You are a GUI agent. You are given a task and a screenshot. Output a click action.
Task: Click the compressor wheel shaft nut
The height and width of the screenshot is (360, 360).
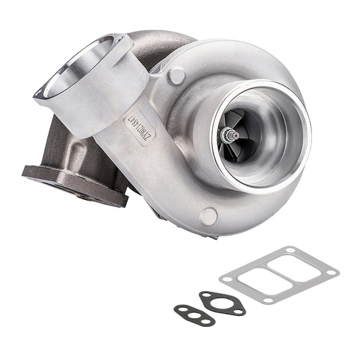pos(233,136)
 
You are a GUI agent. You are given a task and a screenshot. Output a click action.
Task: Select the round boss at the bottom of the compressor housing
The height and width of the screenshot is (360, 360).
pos(209,216)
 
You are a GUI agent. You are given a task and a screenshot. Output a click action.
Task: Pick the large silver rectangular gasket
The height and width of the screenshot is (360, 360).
pos(279,274)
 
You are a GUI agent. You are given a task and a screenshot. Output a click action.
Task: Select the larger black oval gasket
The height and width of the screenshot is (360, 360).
pos(223,302)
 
